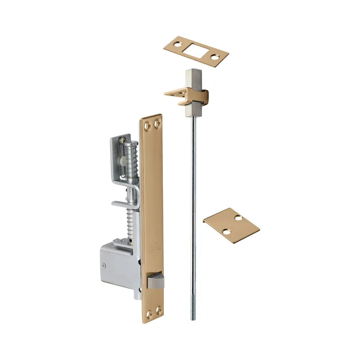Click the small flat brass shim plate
231,225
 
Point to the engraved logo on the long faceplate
152,248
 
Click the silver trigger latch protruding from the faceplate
155,281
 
